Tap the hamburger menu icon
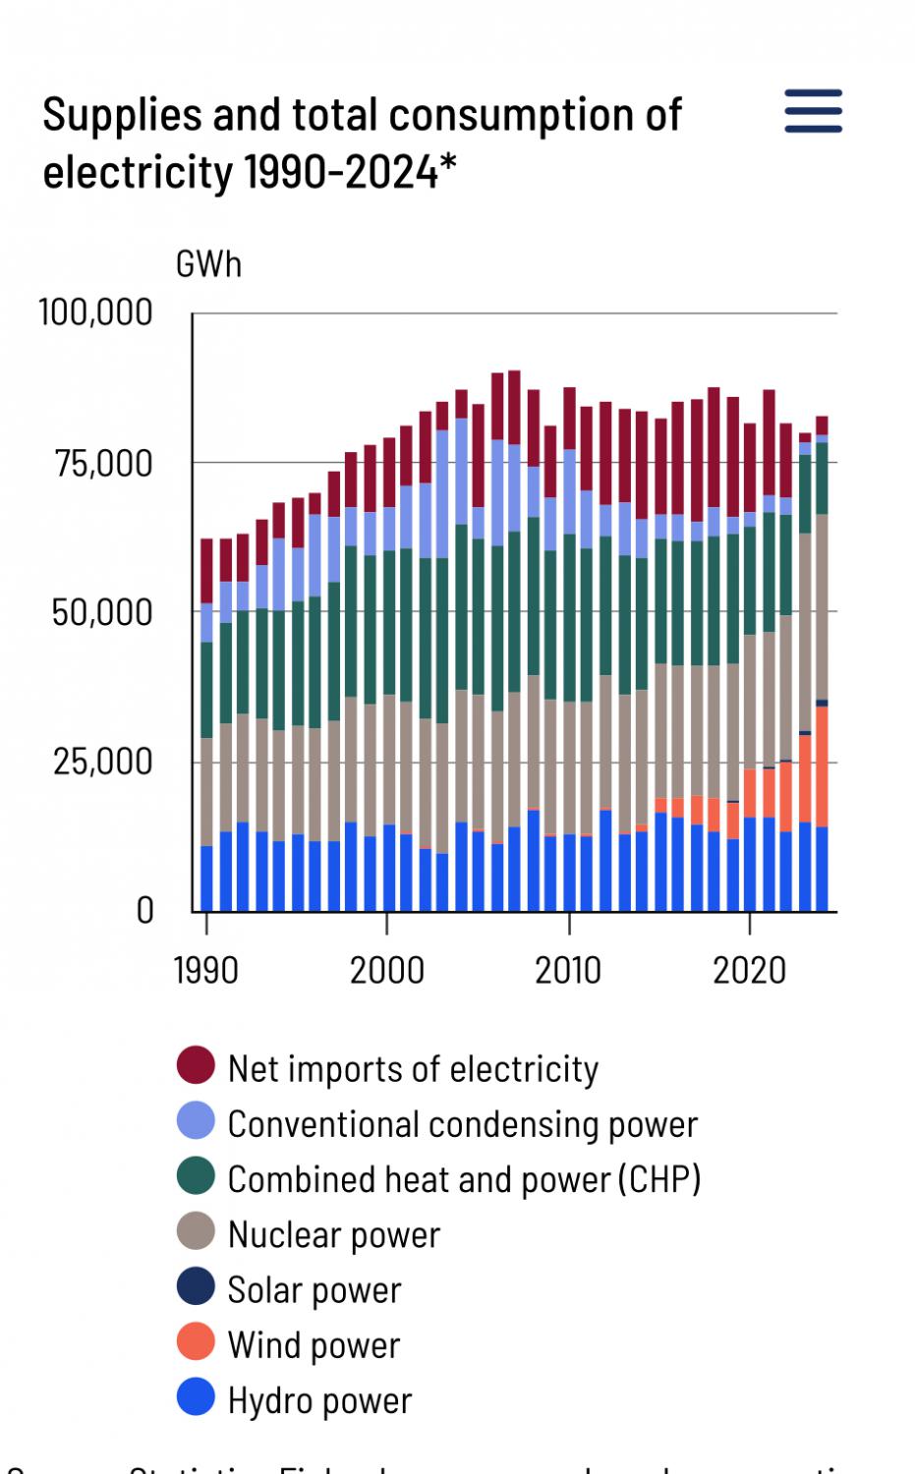pyautogui.click(x=813, y=110)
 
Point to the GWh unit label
pyautogui.click(x=208, y=264)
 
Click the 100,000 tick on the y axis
pyautogui.click(x=95, y=312)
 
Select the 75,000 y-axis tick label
pyautogui.click(x=103, y=463)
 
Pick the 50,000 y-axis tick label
pyautogui.click(x=102, y=612)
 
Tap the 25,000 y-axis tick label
pyautogui.click(x=103, y=762)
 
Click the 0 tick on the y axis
pyautogui.click(x=144, y=911)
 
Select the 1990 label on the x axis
pyautogui.click(x=205, y=971)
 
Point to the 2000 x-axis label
pyautogui.click(x=386, y=971)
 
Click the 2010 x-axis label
pyautogui.click(x=568, y=971)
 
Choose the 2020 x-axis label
pyautogui.click(x=749, y=971)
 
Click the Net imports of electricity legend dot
pyautogui.click(x=196, y=1065)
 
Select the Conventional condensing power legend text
pyautogui.click(x=462, y=1124)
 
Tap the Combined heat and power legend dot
pyautogui.click(x=196, y=1176)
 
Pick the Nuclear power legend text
pyautogui.click(x=334, y=1235)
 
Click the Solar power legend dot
pyautogui.click(x=196, y=1286)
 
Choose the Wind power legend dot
pyautogui.click(x=196, y=1342)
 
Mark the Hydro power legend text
pyautogui.click(x=319, y=1400)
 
